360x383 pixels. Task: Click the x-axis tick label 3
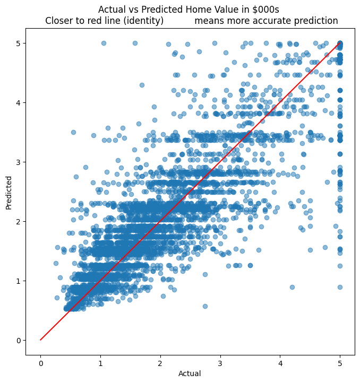(220, 363)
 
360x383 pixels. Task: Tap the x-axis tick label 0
(40, 363)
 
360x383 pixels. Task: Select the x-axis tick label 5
(340, 363)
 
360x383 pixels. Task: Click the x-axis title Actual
(190, 374)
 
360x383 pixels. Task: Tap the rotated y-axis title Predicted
(8, 192)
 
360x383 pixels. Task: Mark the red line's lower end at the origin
(40, 340)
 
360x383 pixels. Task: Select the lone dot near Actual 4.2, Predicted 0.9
(292, 287)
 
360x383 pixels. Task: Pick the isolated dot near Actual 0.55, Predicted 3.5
(73, 132)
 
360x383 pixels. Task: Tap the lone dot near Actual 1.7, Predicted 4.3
(142, 85)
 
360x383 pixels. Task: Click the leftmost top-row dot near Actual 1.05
(104, 43)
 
